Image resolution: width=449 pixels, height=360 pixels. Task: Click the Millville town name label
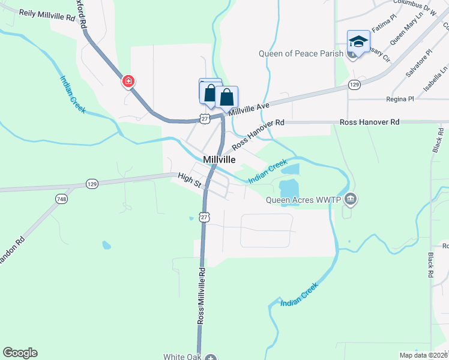point(219,160)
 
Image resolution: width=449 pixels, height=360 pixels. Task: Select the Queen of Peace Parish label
point(301,53)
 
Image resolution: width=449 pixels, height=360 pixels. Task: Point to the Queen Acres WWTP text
point(304,200)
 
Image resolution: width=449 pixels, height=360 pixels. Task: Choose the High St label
point(189,179)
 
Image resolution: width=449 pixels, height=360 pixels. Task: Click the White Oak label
point(182,356)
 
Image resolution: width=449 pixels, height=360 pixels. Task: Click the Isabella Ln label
point(435,79)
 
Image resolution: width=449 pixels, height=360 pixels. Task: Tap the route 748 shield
point(62,199)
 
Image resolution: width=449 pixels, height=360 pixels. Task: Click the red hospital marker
point(128,81)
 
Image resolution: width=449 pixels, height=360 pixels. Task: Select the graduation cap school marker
point(358,43)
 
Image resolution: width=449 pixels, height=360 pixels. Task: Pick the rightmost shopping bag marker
point(227,97)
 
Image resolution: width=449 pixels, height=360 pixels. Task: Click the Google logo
point(20,353)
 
